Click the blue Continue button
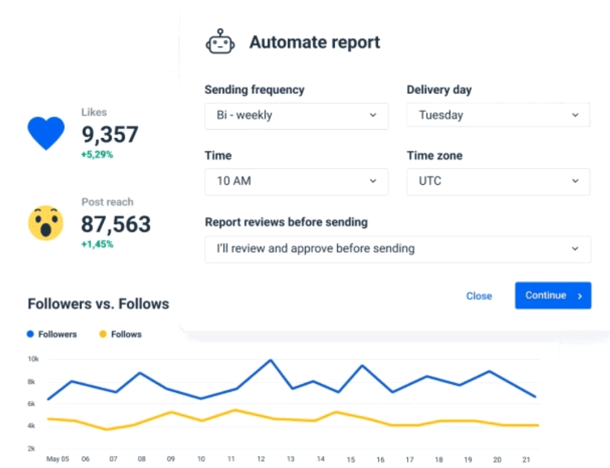click(553, 296)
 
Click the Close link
click(479, 296)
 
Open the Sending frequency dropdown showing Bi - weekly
click(296, 115)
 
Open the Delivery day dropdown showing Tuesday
click(498, 115)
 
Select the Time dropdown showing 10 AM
click(296, 181)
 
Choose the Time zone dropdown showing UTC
click(498, 181)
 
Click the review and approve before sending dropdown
click(397, 249)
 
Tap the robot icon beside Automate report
click(220, 43)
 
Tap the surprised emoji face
click(46, 222)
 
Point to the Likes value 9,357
click(110, 135)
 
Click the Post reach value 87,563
click(116, 224)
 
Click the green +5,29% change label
click(97, 155)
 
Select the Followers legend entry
click(52, 334)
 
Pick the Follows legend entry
click(120, 334)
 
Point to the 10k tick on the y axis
click(33, 359)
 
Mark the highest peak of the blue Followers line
click(271, 360)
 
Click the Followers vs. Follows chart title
click(98, 304)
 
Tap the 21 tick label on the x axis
click(527, 459)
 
